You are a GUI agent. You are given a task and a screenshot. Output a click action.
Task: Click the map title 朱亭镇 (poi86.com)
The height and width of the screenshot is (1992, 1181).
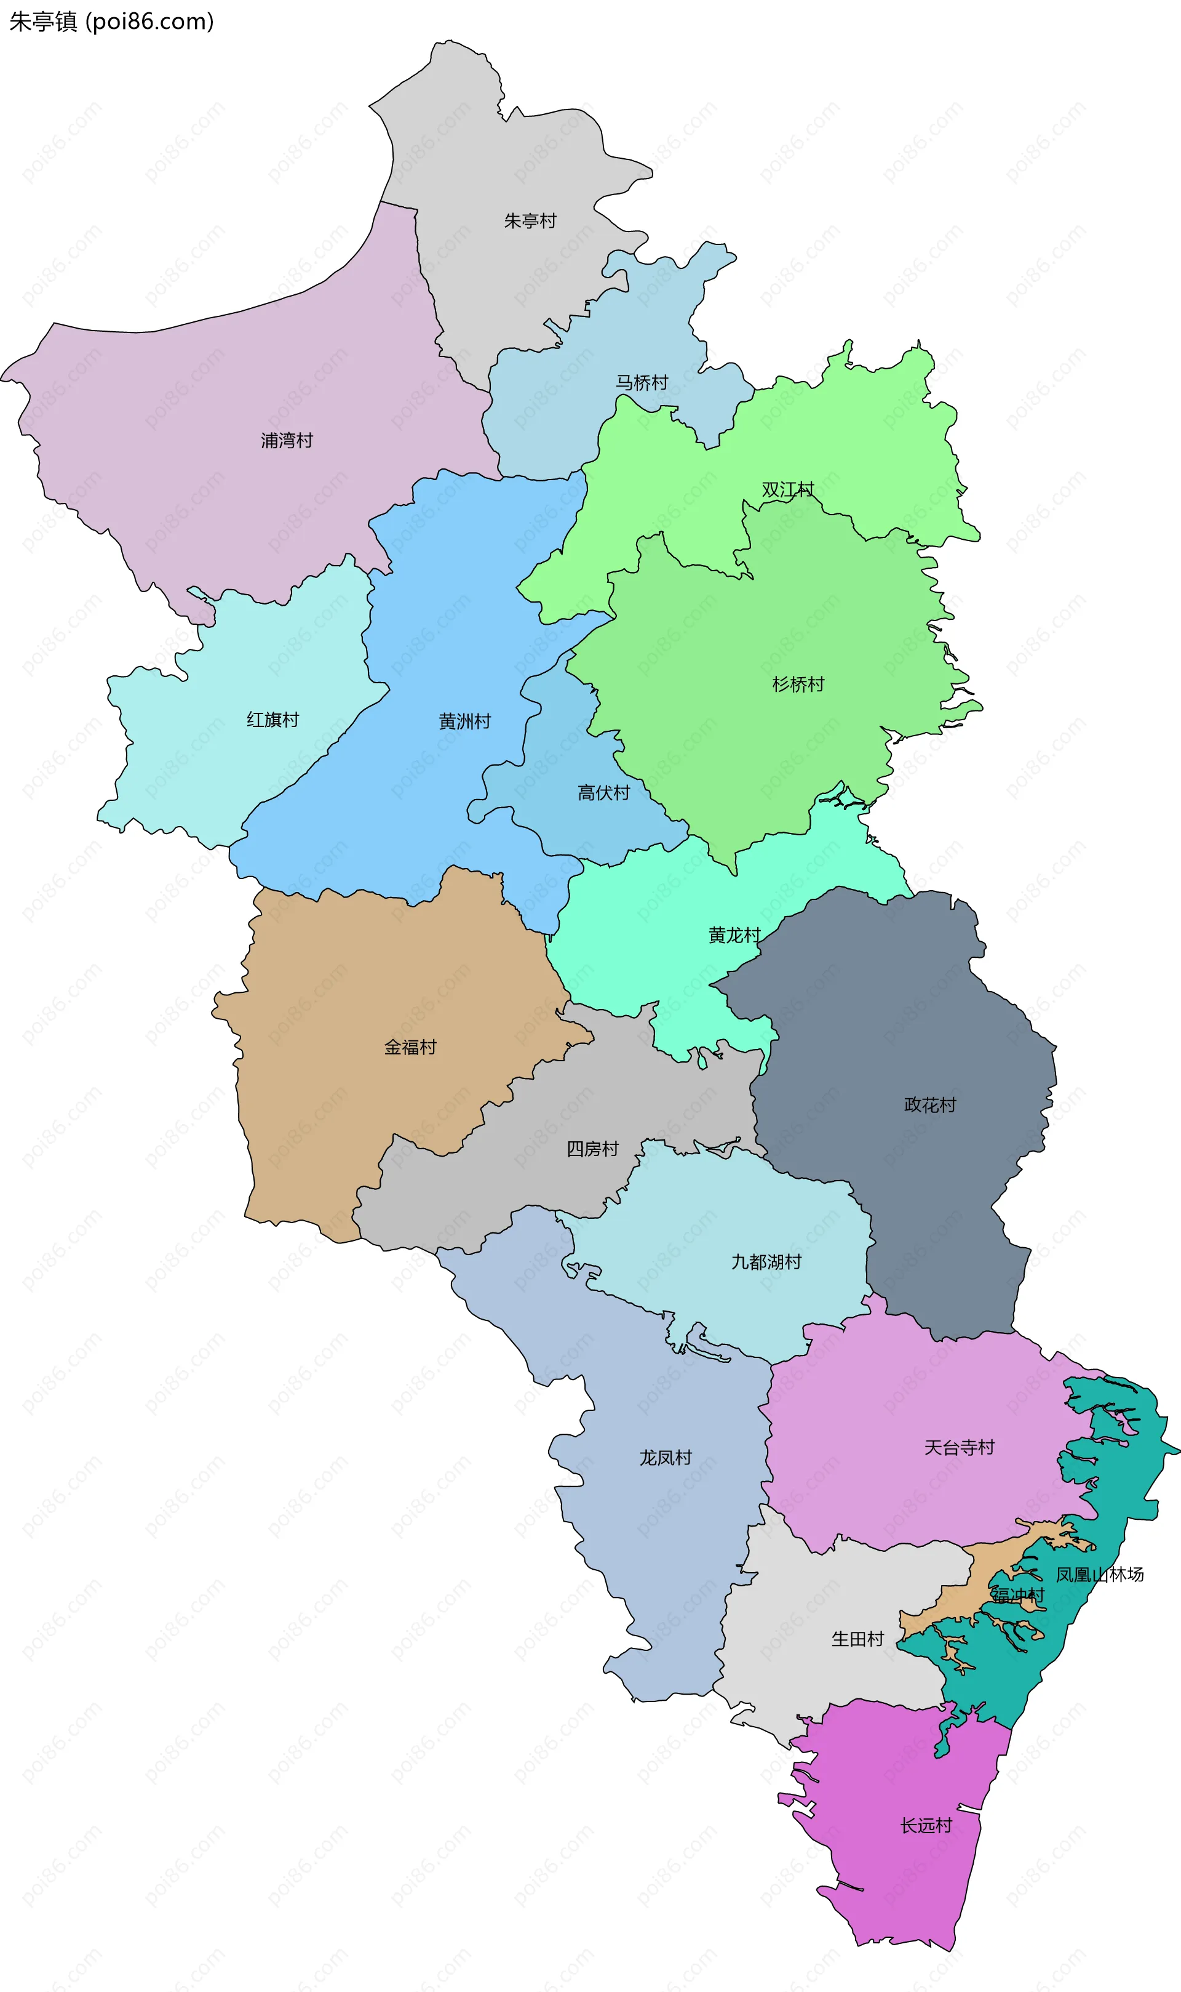click(111, 22)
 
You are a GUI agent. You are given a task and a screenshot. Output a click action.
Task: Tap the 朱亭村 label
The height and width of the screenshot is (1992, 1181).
click(530, 220)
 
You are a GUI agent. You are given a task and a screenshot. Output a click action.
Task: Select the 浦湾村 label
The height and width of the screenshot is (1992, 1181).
click(287, 440)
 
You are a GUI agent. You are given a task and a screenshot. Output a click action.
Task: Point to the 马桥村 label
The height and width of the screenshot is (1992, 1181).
click(642, 382)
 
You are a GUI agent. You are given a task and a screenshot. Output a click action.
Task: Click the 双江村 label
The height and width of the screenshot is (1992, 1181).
click(788, 489)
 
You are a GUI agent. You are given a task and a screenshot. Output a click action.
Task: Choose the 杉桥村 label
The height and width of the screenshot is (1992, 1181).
click(798, 684)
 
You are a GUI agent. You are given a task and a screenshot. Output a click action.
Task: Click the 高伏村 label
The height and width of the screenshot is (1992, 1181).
click(603, 792)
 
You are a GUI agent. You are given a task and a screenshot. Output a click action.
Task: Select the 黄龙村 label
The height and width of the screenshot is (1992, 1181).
click(734, 934)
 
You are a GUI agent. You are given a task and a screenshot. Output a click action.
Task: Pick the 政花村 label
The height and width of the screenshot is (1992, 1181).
click(929, 1104)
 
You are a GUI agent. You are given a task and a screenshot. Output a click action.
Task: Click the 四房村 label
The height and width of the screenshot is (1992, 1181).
click(592, 1149)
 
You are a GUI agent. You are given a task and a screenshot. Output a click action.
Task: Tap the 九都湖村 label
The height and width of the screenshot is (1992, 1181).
click(766, 1262)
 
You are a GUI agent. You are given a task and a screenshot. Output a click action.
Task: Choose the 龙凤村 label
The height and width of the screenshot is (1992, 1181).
click(666, 1458)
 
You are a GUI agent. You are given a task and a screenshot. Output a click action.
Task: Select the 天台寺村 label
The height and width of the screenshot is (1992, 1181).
click(959, 1447)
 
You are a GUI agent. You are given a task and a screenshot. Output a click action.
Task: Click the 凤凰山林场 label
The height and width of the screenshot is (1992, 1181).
click(1100, 1574)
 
